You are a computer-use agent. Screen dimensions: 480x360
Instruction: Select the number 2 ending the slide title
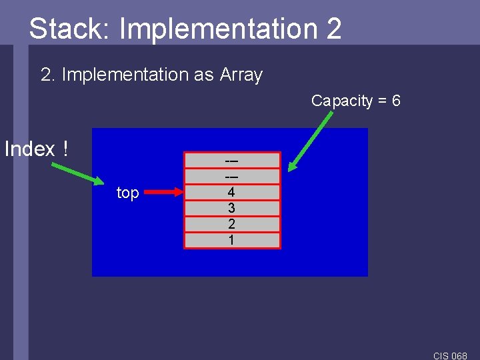[334, 29]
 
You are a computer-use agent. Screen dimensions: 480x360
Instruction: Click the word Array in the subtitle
[241, 75]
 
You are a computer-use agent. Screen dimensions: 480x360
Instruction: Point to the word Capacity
[342, 101]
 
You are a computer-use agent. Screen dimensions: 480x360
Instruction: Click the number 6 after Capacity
[396, 101]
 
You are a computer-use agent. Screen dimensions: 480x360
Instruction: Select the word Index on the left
[29, 149]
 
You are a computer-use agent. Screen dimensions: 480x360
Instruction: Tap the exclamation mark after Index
[65, 149]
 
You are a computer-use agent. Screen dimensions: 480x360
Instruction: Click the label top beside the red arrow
[127, 193]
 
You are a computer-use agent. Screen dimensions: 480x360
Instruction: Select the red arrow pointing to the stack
[163, 193]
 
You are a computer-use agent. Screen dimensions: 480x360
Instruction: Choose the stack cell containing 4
[232, 192]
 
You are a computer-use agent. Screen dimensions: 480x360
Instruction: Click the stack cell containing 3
[232, 208]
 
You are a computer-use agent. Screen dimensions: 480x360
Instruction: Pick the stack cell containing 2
[232, 224]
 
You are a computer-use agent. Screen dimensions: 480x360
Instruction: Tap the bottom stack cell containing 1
[232, 240]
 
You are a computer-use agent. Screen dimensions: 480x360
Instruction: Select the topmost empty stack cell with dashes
[232, 161]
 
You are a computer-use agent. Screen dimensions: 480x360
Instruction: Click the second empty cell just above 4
[232, 176]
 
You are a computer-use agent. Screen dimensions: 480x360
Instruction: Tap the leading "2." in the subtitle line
[47, 75]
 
